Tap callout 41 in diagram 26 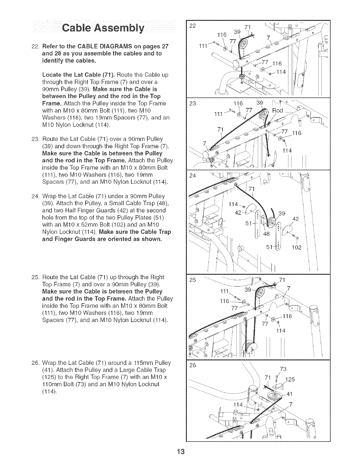coord(290,395)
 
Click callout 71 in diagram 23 coord(220,130)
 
